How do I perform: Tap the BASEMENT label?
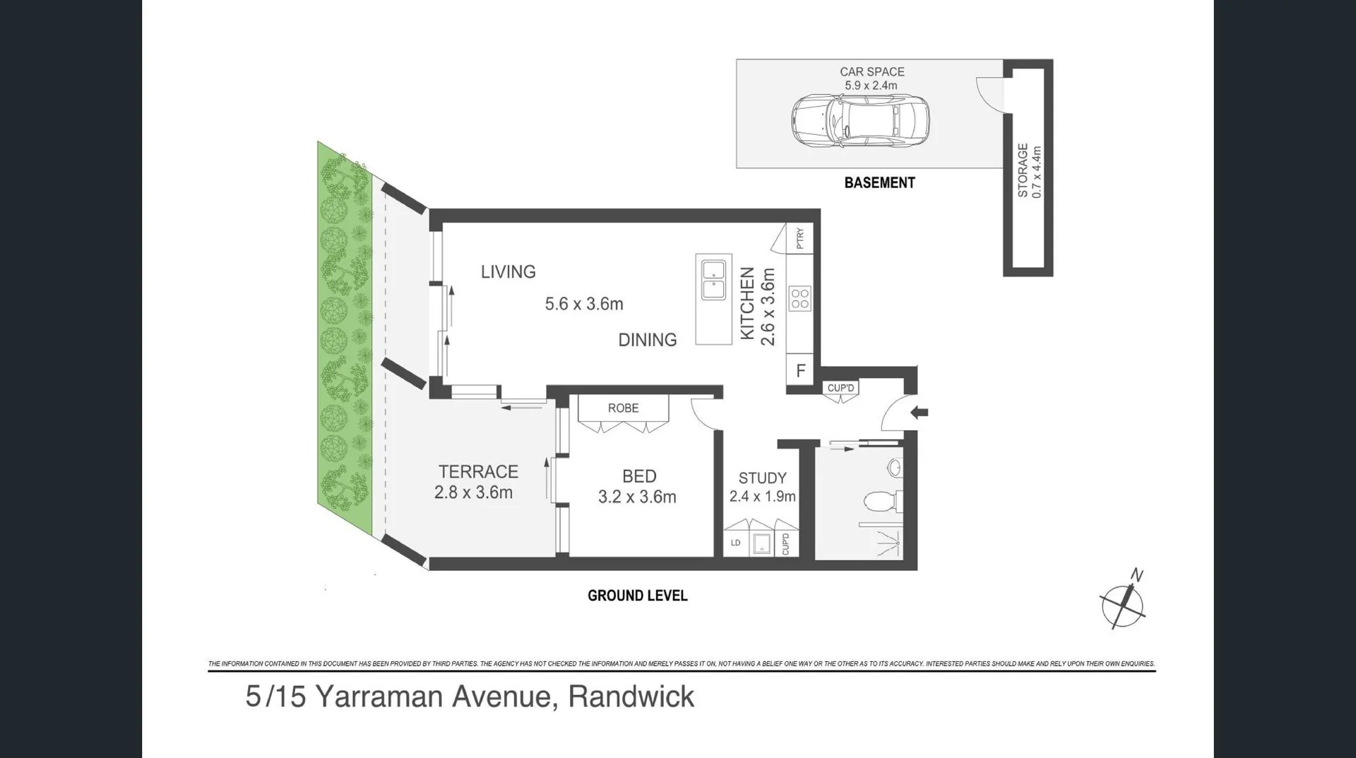point(879,183)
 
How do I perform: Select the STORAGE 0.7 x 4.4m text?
point(1029,171)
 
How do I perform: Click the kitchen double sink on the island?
point(713,280)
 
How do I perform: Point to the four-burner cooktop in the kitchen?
point(800,299)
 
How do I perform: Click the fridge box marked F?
point(800,371)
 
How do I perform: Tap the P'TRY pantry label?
point(799,239)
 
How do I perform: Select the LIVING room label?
point(508,272)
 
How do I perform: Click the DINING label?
point(647,340)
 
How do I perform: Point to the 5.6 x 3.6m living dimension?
point(584,304)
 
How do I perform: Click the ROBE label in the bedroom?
point(623,408)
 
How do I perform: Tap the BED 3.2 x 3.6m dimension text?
point(637,497)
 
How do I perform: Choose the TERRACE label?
point(478,472)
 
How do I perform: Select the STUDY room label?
point(762,478)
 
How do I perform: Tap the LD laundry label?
point(735,543)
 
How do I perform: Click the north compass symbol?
point(1122,604)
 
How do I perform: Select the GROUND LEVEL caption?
point(637,596)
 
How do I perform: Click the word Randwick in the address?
point(631,697)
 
